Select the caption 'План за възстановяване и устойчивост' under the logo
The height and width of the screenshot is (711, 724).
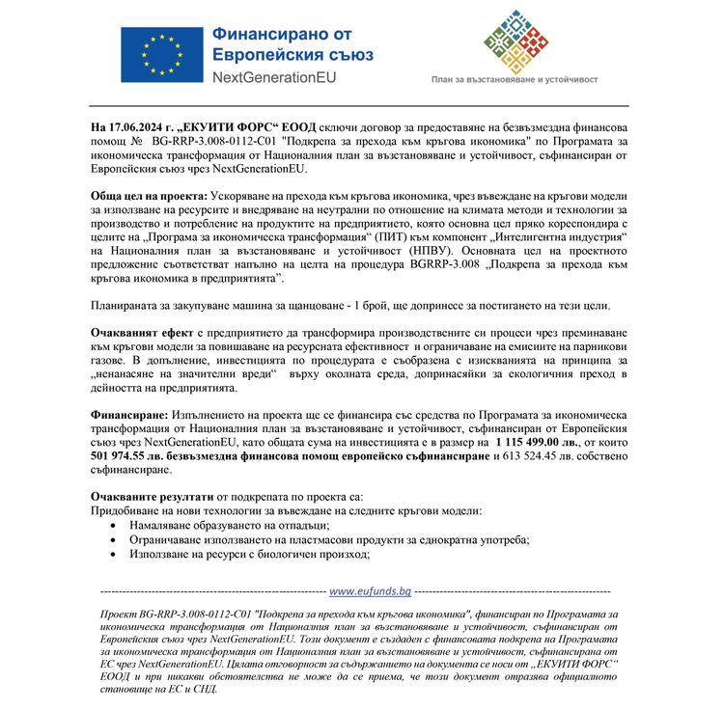click(515, 81)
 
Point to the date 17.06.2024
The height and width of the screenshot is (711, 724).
click(138, 127)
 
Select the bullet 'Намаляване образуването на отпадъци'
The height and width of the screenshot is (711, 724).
click(232, 524)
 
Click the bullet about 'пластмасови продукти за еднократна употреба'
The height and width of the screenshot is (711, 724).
click(315, 539)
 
